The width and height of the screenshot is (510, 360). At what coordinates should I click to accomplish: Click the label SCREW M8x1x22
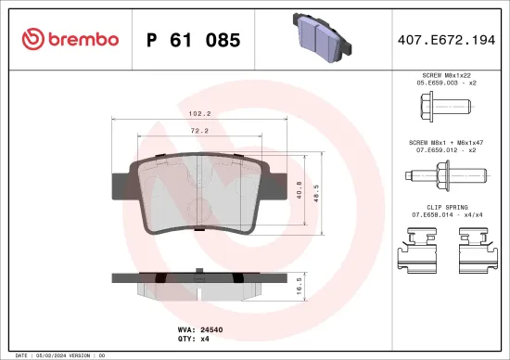click(x=447, y=73)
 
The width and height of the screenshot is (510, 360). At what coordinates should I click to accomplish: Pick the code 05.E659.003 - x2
click(x=447, y=82)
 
